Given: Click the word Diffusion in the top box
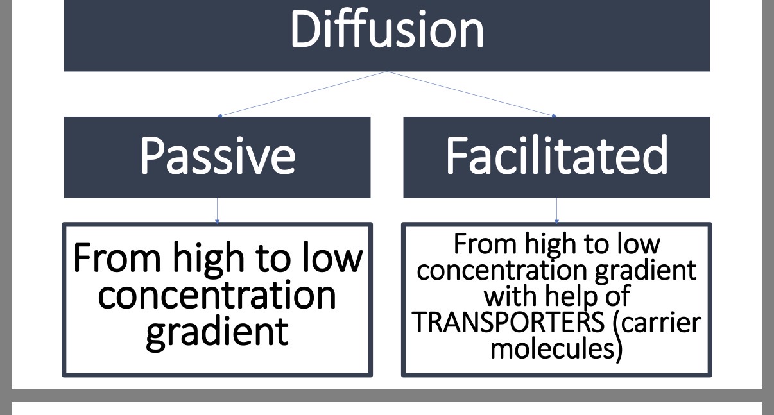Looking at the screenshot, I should coord(387,30).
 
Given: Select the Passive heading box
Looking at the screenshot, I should coord(217,157).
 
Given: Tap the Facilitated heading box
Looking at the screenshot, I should coord(556,157).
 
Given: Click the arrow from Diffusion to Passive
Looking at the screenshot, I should coord(302,94).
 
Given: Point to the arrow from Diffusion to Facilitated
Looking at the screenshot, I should coord(472,94).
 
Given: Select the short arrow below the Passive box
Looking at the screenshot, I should coord(217,210).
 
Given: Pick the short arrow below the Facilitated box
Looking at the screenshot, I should coord(556,210).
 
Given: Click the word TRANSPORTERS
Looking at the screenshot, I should coord(507,323).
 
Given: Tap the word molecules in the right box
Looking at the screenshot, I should coord(556,348).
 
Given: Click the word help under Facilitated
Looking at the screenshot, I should coord(563,296).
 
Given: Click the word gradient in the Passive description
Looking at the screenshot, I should coord(217,332).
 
